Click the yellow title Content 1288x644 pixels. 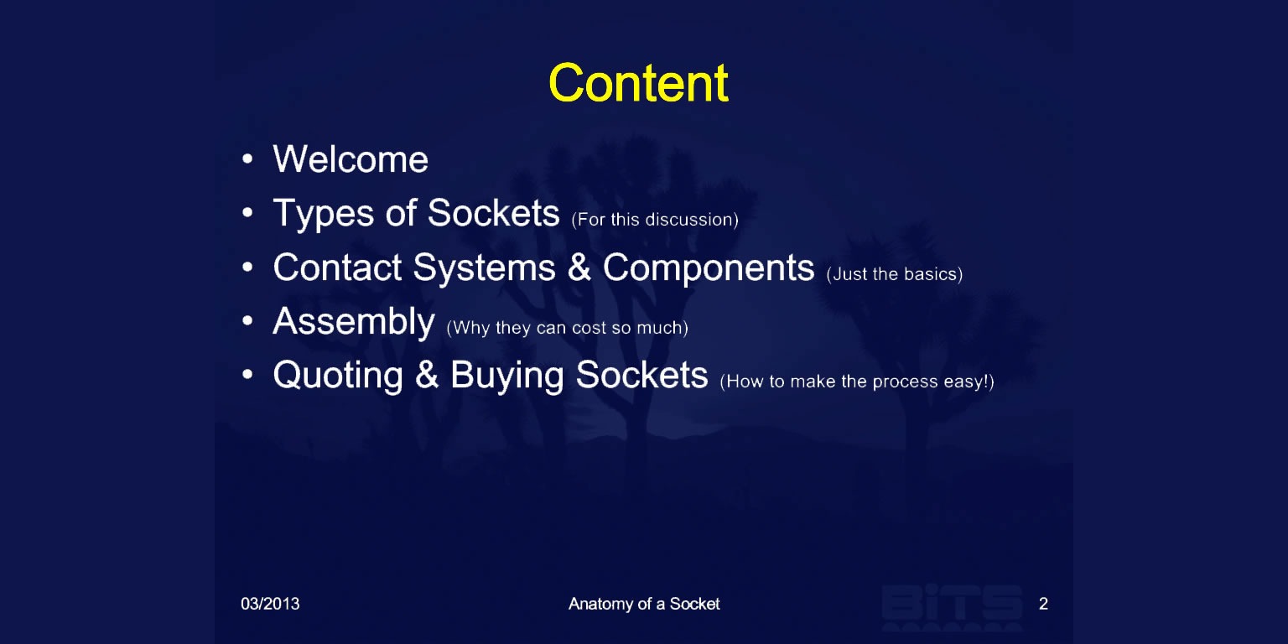click(638, 83)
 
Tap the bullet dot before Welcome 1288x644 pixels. click(247, 158)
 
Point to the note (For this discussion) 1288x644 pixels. click(655, 220)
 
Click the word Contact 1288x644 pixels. click(337, 267)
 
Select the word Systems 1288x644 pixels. click(484, 268)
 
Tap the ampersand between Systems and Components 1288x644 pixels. click(579, 267)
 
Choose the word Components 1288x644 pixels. click(709, 268)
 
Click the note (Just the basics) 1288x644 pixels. click(895, 273)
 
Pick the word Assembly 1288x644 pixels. click(354, 323)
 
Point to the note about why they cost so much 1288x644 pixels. click(568, 328)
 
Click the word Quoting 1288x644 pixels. click(338, 377)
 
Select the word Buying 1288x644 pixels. click(506, 377)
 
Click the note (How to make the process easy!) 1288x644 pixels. click(857, 382)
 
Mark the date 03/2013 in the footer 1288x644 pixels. click(270, 604)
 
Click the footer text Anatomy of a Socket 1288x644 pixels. click(644, 604)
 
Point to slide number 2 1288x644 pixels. click(1044, 604)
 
